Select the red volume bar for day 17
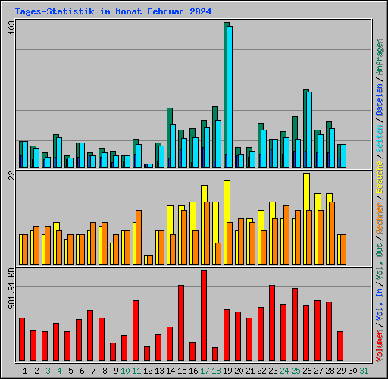coord(204,315)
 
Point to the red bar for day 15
coord(181,322)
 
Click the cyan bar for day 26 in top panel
coord(309,129)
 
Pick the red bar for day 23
coord(272,322)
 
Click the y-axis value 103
coord(11,27)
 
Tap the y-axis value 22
coord(11,176)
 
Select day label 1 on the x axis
coord(25,371)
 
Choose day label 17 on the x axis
coord(205,371)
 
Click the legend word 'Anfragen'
coord(380,57)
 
